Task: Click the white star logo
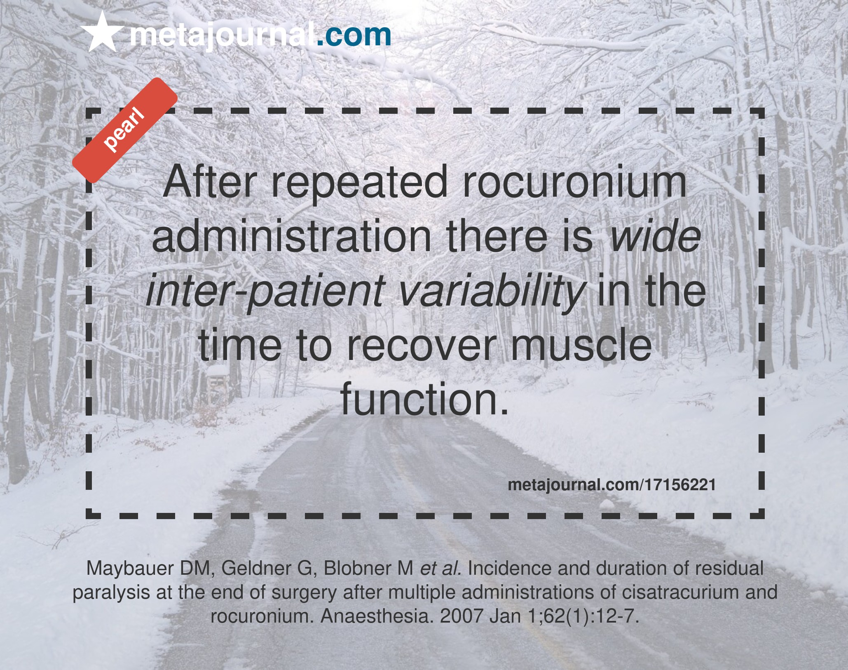103,32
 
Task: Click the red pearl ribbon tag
124,130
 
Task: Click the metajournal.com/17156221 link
611,485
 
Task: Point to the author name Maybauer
130,569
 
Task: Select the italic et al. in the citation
440,569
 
